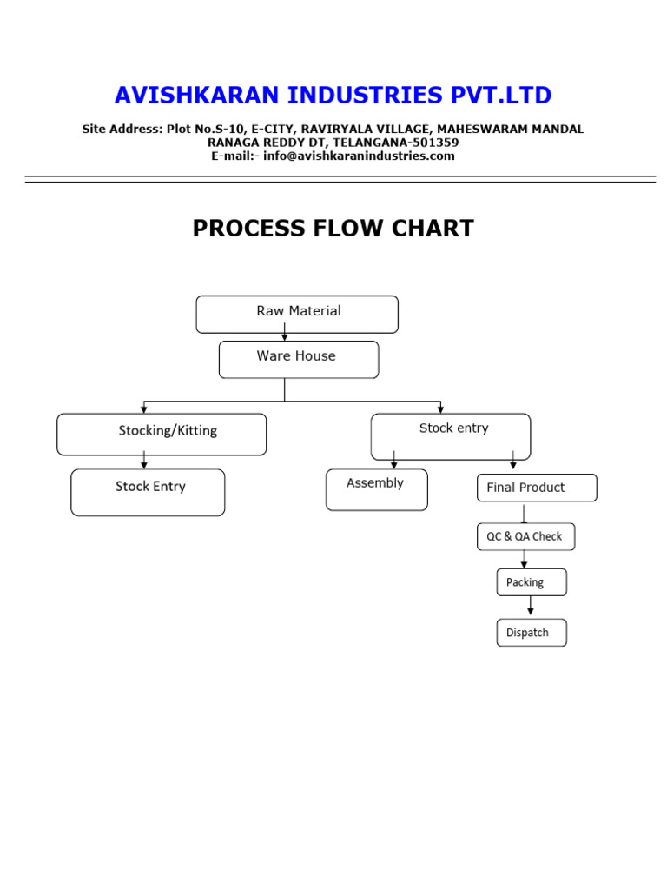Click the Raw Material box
[297, 314]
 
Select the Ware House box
[298, 359]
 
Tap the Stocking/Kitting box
[162, 434]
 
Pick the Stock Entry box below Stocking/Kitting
[148, 492]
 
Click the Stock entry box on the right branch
[450, 435]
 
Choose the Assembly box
[376, 489]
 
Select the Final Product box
[536, 488]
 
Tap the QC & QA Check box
[525, 536]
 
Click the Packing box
[531, 582]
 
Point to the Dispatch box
[531, 633]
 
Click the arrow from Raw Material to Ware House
[284, 333]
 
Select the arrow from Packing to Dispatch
[531, 607]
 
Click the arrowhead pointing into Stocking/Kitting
[143, 408]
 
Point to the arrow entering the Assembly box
[394, 461]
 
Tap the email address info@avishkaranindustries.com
[360, 156]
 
